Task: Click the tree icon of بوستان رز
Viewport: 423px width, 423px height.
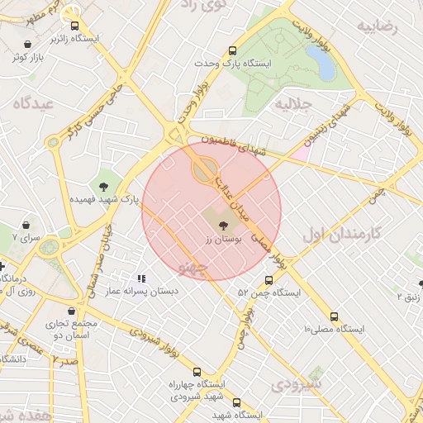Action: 221,224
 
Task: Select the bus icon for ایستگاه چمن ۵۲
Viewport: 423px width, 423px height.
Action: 267,281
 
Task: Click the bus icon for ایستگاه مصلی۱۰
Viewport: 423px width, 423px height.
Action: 334,316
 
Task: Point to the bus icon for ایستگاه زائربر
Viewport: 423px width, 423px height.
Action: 75,26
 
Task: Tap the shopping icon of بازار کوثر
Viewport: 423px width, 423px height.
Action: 29,45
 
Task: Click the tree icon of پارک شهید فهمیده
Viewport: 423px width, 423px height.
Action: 103,187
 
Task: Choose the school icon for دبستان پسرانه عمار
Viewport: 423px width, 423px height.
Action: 141,279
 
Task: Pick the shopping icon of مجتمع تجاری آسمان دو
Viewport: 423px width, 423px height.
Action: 74,311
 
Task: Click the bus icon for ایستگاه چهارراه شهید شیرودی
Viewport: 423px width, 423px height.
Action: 196,373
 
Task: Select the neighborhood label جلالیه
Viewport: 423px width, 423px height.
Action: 292,104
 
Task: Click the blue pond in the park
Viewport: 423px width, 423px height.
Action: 319,62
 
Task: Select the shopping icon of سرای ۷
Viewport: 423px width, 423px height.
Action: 26,225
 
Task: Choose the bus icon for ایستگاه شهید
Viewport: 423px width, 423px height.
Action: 236,402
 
